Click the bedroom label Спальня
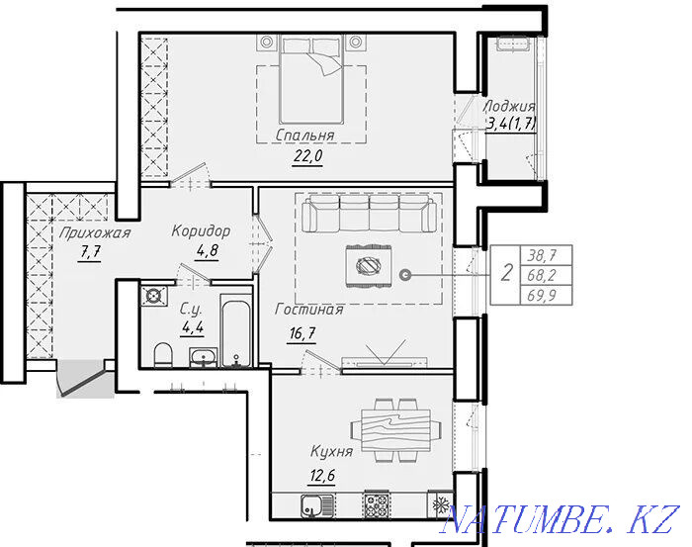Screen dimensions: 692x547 click(x=304, y=136)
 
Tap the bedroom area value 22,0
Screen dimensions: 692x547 click(x=307, y=156)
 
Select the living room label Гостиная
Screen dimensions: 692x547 click(x=308, y=309)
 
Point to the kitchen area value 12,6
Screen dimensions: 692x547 click(x=322, y=476)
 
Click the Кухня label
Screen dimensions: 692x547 click(x=332, y=452)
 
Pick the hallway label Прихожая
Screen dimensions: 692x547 click(x=95, y=232)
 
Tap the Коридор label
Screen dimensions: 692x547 click(x=202, y=230)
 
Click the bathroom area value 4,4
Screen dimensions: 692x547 click(x=193, y=327)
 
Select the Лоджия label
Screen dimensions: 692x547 click(x=509, y=107)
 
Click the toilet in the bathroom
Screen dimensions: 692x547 click(x=163, y=354)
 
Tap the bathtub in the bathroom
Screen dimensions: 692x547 click(x=236, y=333)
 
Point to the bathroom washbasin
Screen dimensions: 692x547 click(x=204, y=357)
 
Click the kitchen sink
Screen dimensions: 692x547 click(x=317, y=505)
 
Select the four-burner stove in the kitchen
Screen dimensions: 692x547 click(x=377, y=504)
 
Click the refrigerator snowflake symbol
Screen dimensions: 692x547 click(x=440, y=504)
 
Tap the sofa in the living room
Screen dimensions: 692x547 click(x=370, y=214)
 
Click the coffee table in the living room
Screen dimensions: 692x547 click(x=369, y=266)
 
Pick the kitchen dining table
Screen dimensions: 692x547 click(x=395, y=430)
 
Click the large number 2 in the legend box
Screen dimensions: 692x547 click(x=506, y=272)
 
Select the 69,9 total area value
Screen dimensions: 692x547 click(x=542, y=296)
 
